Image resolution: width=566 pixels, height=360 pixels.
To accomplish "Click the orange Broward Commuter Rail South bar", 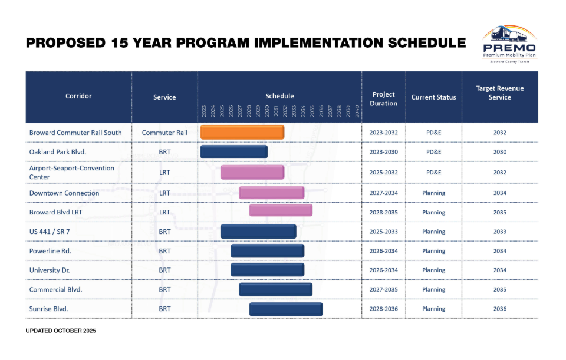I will [242, 133].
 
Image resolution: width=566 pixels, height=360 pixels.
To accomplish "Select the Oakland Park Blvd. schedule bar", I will [233, 152].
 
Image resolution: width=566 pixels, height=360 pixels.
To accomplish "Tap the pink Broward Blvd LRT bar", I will [281, 210].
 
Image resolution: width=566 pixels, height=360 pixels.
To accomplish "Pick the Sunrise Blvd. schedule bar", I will [286, 309].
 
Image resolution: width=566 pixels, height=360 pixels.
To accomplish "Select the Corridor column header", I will [78, 96].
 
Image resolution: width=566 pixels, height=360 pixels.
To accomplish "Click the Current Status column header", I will [433, 97].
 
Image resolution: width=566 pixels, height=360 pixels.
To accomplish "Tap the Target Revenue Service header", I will [499, 93].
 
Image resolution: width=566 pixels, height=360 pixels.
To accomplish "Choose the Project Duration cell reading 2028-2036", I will [383, 309].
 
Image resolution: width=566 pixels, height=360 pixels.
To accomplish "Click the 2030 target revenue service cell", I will [499, 152].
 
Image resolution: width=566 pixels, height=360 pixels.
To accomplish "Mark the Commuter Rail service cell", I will [164, 133].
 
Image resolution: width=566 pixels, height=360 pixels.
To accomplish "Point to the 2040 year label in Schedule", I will [358, 112].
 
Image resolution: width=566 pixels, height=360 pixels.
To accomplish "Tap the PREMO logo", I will [509, 44].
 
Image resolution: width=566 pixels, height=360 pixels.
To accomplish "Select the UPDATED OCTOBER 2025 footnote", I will [61, 331].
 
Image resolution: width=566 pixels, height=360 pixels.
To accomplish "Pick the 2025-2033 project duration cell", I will [383, 232].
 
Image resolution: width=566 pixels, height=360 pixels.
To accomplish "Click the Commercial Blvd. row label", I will [55, 289].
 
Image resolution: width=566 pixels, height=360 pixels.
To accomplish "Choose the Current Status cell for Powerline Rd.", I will [433, 251].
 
